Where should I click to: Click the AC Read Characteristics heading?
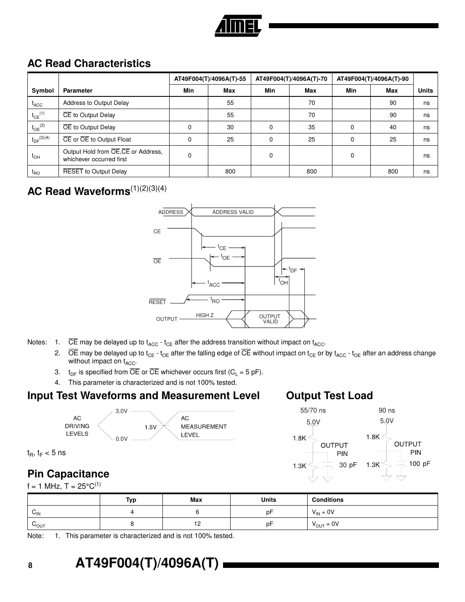tap(89, 64)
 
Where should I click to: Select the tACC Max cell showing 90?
tap(393, 103)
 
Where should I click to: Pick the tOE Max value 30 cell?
tap(230, 127)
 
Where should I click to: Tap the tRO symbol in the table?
tap(36, 172)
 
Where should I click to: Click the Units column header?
tap(425, 91)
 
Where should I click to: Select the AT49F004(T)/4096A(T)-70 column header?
tap(291, 79)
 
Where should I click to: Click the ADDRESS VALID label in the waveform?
tap(233, 212)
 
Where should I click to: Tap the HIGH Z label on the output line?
tap(205, 315)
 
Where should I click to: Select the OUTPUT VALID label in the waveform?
tap(270, 319)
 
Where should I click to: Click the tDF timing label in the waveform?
tap(293, 270)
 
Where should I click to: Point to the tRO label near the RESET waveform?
tap(215, 300)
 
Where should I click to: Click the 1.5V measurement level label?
tap(151, 427)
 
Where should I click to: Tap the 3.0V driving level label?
tap(122, 411)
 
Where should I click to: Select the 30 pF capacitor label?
tap(348, 465)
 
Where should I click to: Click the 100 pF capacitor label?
tap(420, 464)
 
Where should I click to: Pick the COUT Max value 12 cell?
tap(197, 524)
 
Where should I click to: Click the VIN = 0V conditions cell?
tap(323, 512)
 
